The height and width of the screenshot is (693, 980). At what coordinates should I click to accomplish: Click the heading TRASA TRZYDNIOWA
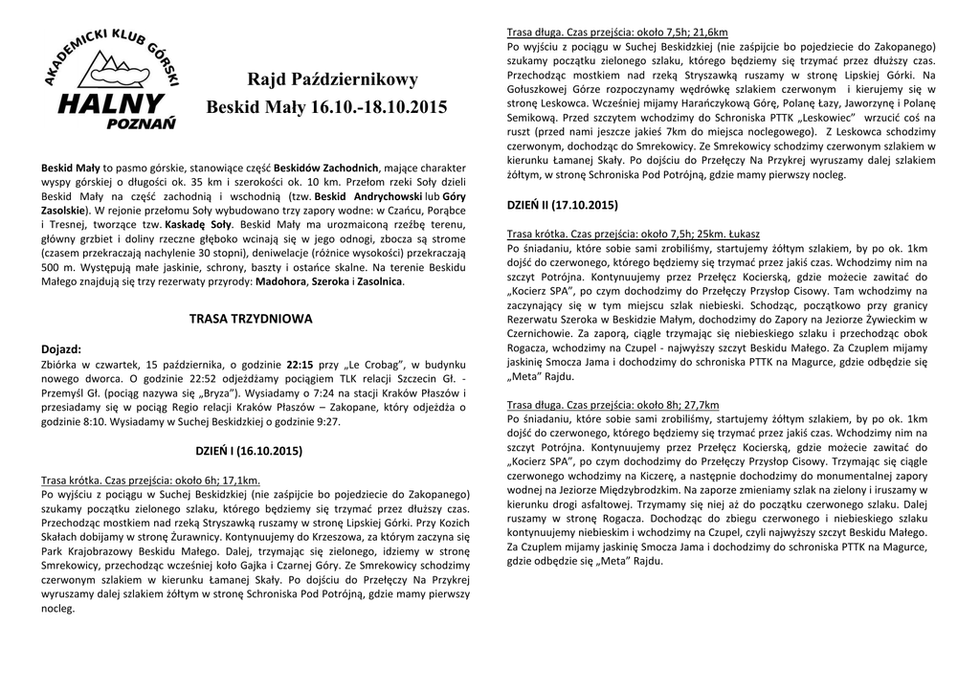click(252, 316)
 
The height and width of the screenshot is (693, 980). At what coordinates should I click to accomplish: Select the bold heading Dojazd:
click(60, 349)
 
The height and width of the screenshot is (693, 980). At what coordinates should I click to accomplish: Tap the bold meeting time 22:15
click(300, 365)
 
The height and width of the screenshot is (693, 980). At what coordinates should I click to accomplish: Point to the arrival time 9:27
click(325, 422)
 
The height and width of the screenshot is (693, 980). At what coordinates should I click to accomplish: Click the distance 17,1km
click(238, 480)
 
